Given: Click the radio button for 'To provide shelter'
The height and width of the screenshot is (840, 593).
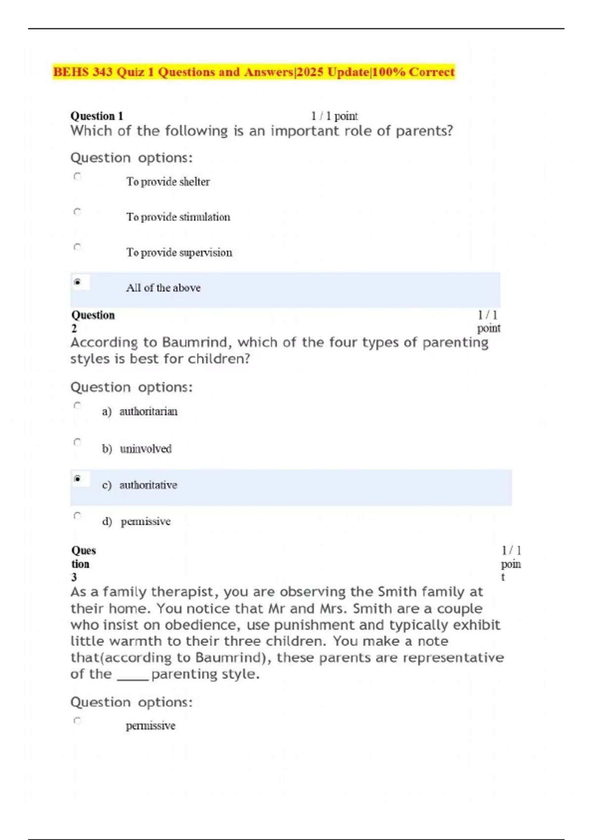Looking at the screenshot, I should point(77,176).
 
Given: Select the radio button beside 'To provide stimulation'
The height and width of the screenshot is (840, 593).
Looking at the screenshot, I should point(77,211).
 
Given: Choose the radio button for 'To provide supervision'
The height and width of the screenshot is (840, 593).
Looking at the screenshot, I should point(77,247).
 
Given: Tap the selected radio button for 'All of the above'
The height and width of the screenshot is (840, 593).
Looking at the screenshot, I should point(77,282).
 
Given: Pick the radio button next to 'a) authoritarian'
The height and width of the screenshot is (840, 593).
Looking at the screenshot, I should point(77,406).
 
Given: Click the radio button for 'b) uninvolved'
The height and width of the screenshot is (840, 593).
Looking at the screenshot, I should point(77,442).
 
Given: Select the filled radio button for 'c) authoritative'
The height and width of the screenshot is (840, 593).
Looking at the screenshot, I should point(77,478).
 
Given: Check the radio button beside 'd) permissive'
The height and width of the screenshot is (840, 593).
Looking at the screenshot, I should point(77,516).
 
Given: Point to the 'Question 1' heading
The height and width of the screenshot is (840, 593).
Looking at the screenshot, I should point(96,116).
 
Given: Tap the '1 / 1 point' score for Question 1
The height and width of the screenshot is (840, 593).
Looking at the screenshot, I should point(334,116).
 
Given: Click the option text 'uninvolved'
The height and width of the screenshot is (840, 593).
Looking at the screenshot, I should point(146,449).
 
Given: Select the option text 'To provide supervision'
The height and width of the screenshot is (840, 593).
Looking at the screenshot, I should point(179,252).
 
